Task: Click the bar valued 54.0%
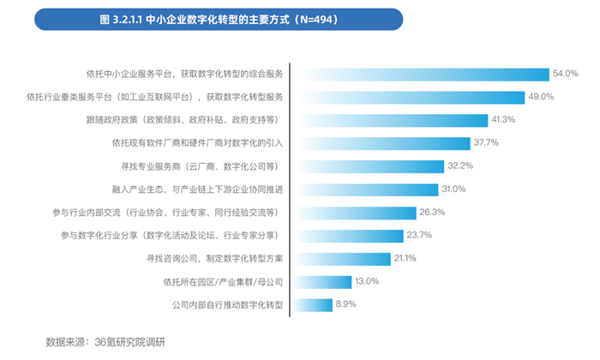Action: pos(420,74)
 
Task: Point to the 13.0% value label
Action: pos(367,281)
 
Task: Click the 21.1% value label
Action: pos(405,258)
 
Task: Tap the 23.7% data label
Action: pos(420,235)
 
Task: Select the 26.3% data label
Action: pos(431,212)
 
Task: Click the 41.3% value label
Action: pos(503,119)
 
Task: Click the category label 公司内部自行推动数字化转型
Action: pos(227,304)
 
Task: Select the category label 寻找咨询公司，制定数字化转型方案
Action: pos(209,258)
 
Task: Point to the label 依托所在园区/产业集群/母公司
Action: pos(223,281)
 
